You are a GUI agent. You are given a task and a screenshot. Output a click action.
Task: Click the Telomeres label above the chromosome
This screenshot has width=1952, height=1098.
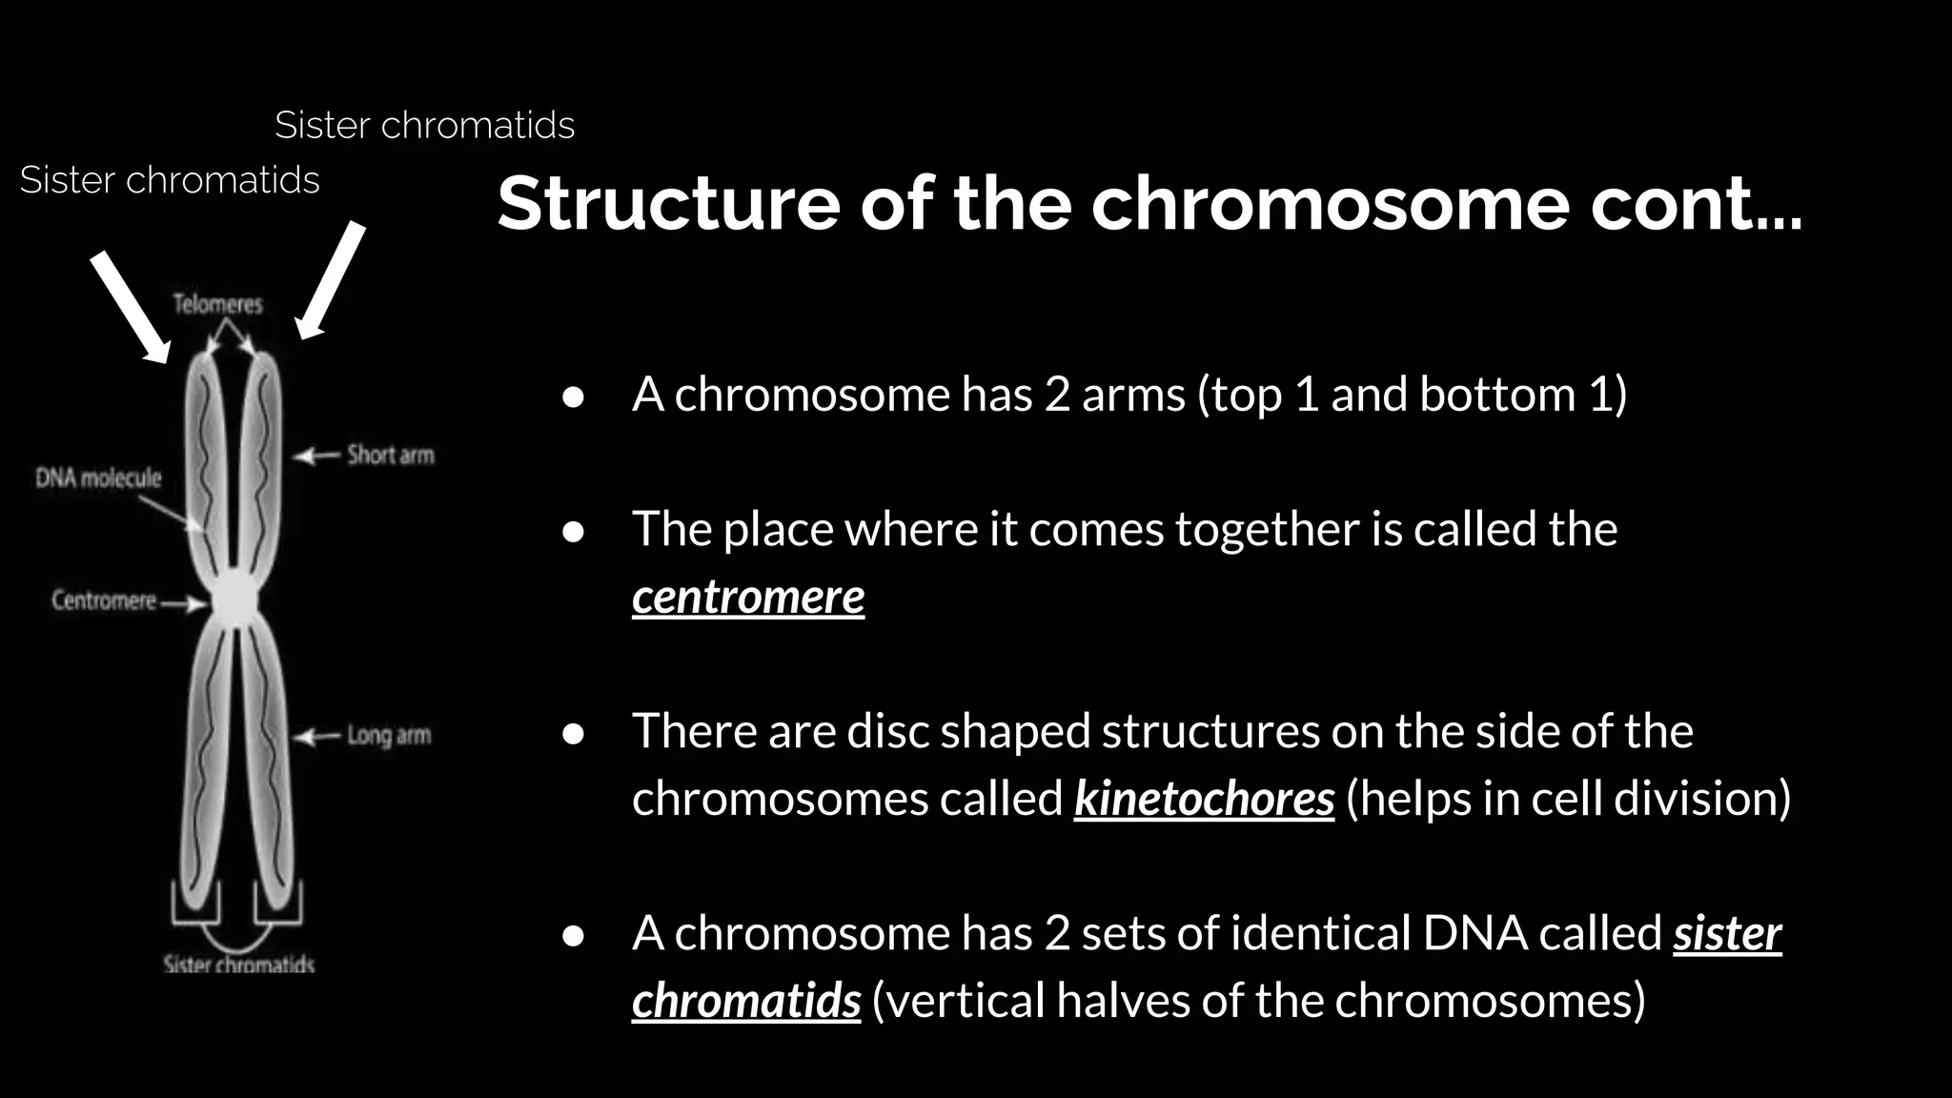217,304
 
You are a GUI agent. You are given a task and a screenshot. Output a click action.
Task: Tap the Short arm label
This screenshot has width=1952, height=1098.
390,455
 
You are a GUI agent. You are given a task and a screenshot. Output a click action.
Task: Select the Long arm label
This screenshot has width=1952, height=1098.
389,735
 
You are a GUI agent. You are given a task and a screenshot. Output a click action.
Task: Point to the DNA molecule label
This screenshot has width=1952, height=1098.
98,478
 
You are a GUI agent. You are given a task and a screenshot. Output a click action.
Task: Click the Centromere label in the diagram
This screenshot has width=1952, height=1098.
103,600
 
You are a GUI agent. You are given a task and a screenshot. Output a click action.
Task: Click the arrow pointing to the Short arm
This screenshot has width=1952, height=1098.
315,457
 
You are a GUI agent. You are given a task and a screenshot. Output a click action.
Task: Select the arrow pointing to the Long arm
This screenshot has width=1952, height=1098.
315,737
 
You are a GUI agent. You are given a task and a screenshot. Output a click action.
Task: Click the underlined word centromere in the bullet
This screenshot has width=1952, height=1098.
747,598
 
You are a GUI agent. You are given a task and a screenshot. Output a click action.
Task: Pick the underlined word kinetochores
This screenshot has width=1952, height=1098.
1203,799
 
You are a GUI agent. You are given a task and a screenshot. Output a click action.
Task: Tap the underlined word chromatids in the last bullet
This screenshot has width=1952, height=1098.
745,1001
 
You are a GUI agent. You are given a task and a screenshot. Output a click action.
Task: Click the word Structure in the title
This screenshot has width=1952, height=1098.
668,203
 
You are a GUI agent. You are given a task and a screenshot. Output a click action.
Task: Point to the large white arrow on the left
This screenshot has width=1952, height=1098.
131,307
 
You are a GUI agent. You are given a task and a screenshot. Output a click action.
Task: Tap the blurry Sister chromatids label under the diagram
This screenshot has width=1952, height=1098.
238,964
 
